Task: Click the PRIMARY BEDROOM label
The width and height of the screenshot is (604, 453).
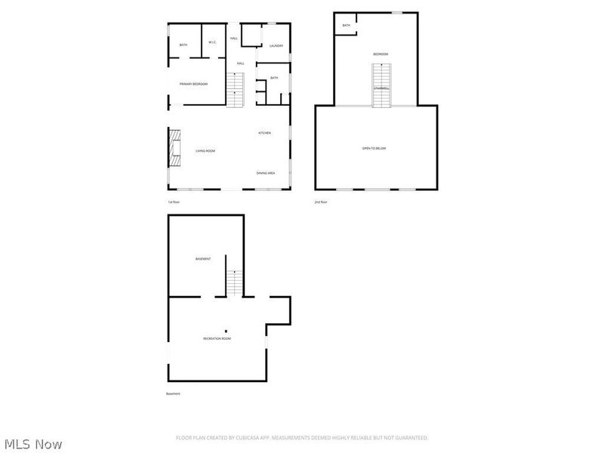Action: (x=193, y=84)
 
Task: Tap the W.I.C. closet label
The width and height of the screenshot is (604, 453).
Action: (x=213, y=42)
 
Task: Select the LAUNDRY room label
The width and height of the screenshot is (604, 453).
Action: (x=276, y=46)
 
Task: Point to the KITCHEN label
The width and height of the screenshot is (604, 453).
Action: (x=264, y=134)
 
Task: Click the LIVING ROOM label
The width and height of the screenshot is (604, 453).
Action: (x=205, y=151)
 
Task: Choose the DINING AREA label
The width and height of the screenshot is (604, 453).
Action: (x=265, y=173)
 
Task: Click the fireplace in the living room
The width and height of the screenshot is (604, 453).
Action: (x=175, y=147)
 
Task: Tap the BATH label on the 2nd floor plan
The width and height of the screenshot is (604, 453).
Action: (x=347, y=26)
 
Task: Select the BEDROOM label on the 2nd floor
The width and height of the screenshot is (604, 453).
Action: (x=381, y=54)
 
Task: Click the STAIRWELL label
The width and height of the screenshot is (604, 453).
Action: (x=381, y=88)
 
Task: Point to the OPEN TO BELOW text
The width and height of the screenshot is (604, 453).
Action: (x=374, y=149)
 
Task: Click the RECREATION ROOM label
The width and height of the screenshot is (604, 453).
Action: (x=217, y=338)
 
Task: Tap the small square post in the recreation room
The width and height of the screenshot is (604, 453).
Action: (x=225, y=331)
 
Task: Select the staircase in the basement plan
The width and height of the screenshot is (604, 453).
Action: (x=236, y=282)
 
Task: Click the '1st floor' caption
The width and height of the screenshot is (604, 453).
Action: (x=174, y=202)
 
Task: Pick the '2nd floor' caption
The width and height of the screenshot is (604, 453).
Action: (x=321, y=202)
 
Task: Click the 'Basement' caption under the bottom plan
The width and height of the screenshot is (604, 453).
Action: (x=173, y=393)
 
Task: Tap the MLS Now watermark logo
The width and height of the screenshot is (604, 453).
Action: (x=32, y=444)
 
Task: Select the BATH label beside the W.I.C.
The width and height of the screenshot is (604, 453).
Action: (x=183, y=45)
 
